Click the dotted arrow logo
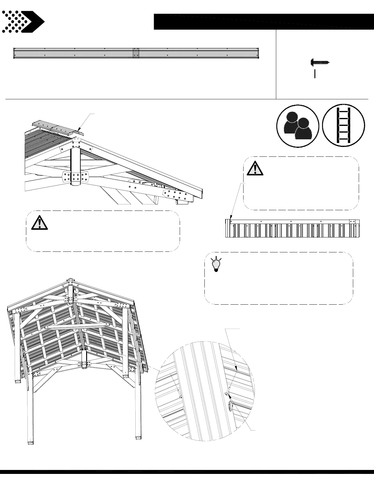tap(23, 22)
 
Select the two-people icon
tap(298, 126)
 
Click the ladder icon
tap(343, 126)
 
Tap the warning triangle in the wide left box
tap(40, 223)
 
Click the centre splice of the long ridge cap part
tap(136, 53)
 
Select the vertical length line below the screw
tap(315, 74)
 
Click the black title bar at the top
tap(263, 22)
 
